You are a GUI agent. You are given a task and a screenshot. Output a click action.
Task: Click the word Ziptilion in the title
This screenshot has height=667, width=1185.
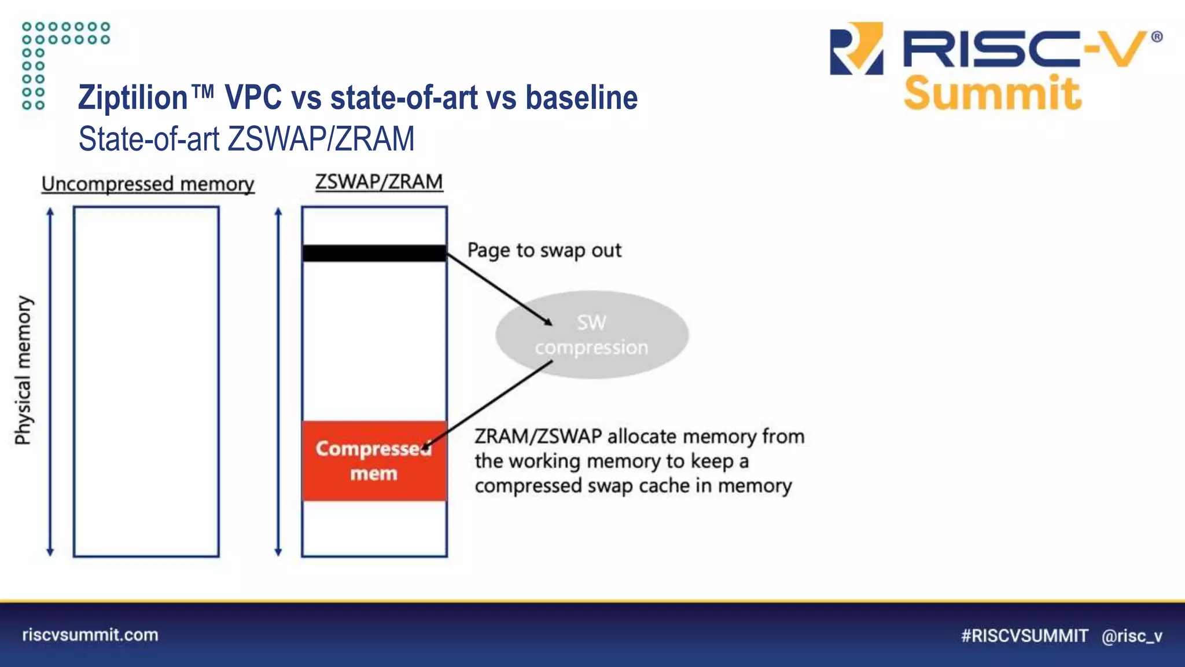133,97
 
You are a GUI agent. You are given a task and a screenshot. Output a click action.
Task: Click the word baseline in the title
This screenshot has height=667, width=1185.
581,97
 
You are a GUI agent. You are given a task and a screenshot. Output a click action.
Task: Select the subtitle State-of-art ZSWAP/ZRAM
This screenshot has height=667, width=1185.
246,139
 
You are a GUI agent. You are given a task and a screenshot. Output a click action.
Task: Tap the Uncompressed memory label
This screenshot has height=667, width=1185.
148,184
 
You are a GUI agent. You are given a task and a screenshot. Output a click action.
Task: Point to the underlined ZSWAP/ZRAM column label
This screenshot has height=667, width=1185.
379,182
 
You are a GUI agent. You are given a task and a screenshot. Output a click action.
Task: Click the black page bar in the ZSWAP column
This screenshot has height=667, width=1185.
374,253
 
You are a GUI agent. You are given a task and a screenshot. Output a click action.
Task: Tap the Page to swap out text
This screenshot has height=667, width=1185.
544,250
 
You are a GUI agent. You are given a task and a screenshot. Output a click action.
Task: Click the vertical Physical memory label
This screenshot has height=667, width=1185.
23,371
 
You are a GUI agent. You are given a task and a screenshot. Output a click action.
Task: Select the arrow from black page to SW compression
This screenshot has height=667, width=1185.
499,289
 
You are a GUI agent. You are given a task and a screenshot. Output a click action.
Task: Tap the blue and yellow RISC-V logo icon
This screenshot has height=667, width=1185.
856,49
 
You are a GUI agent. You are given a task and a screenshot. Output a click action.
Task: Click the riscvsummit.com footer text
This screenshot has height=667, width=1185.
90,635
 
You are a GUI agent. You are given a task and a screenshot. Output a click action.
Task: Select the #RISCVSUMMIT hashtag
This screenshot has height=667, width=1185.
1024,636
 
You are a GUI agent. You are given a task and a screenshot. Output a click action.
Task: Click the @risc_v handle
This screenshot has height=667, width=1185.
1132,636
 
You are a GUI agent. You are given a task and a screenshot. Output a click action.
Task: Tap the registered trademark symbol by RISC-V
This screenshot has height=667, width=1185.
1157,37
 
